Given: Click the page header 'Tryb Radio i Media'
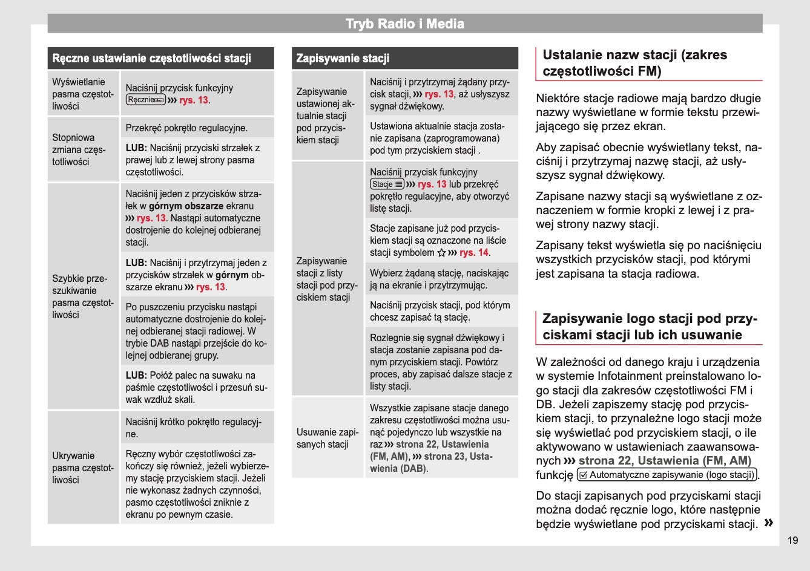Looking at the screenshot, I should click(x=404, y=24).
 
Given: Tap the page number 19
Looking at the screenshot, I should click(x=793, y=540).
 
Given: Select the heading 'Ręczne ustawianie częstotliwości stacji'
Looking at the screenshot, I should click(x=151, y=59).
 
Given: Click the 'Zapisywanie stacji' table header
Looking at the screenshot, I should click(x=343, y=59).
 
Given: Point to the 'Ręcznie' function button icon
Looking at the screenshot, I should click(x=145, y=100).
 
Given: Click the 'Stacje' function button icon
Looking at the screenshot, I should click(x=387, y=184).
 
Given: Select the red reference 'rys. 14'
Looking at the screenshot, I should click(x=474, y=253).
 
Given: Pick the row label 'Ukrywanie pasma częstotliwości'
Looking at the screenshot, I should click(x=82, y=468).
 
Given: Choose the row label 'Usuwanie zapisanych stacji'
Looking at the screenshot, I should click(x=327, y=438).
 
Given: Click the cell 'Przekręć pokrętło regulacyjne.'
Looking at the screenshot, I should click(x=186, y=128).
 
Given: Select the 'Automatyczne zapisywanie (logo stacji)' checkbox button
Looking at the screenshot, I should click(x=668, y=475).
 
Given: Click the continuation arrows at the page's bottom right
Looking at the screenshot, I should click(x=769, y=523).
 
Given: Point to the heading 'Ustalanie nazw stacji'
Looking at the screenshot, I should click(x=634, y=63).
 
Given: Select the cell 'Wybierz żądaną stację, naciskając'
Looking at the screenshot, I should click(x=439, y=279).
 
